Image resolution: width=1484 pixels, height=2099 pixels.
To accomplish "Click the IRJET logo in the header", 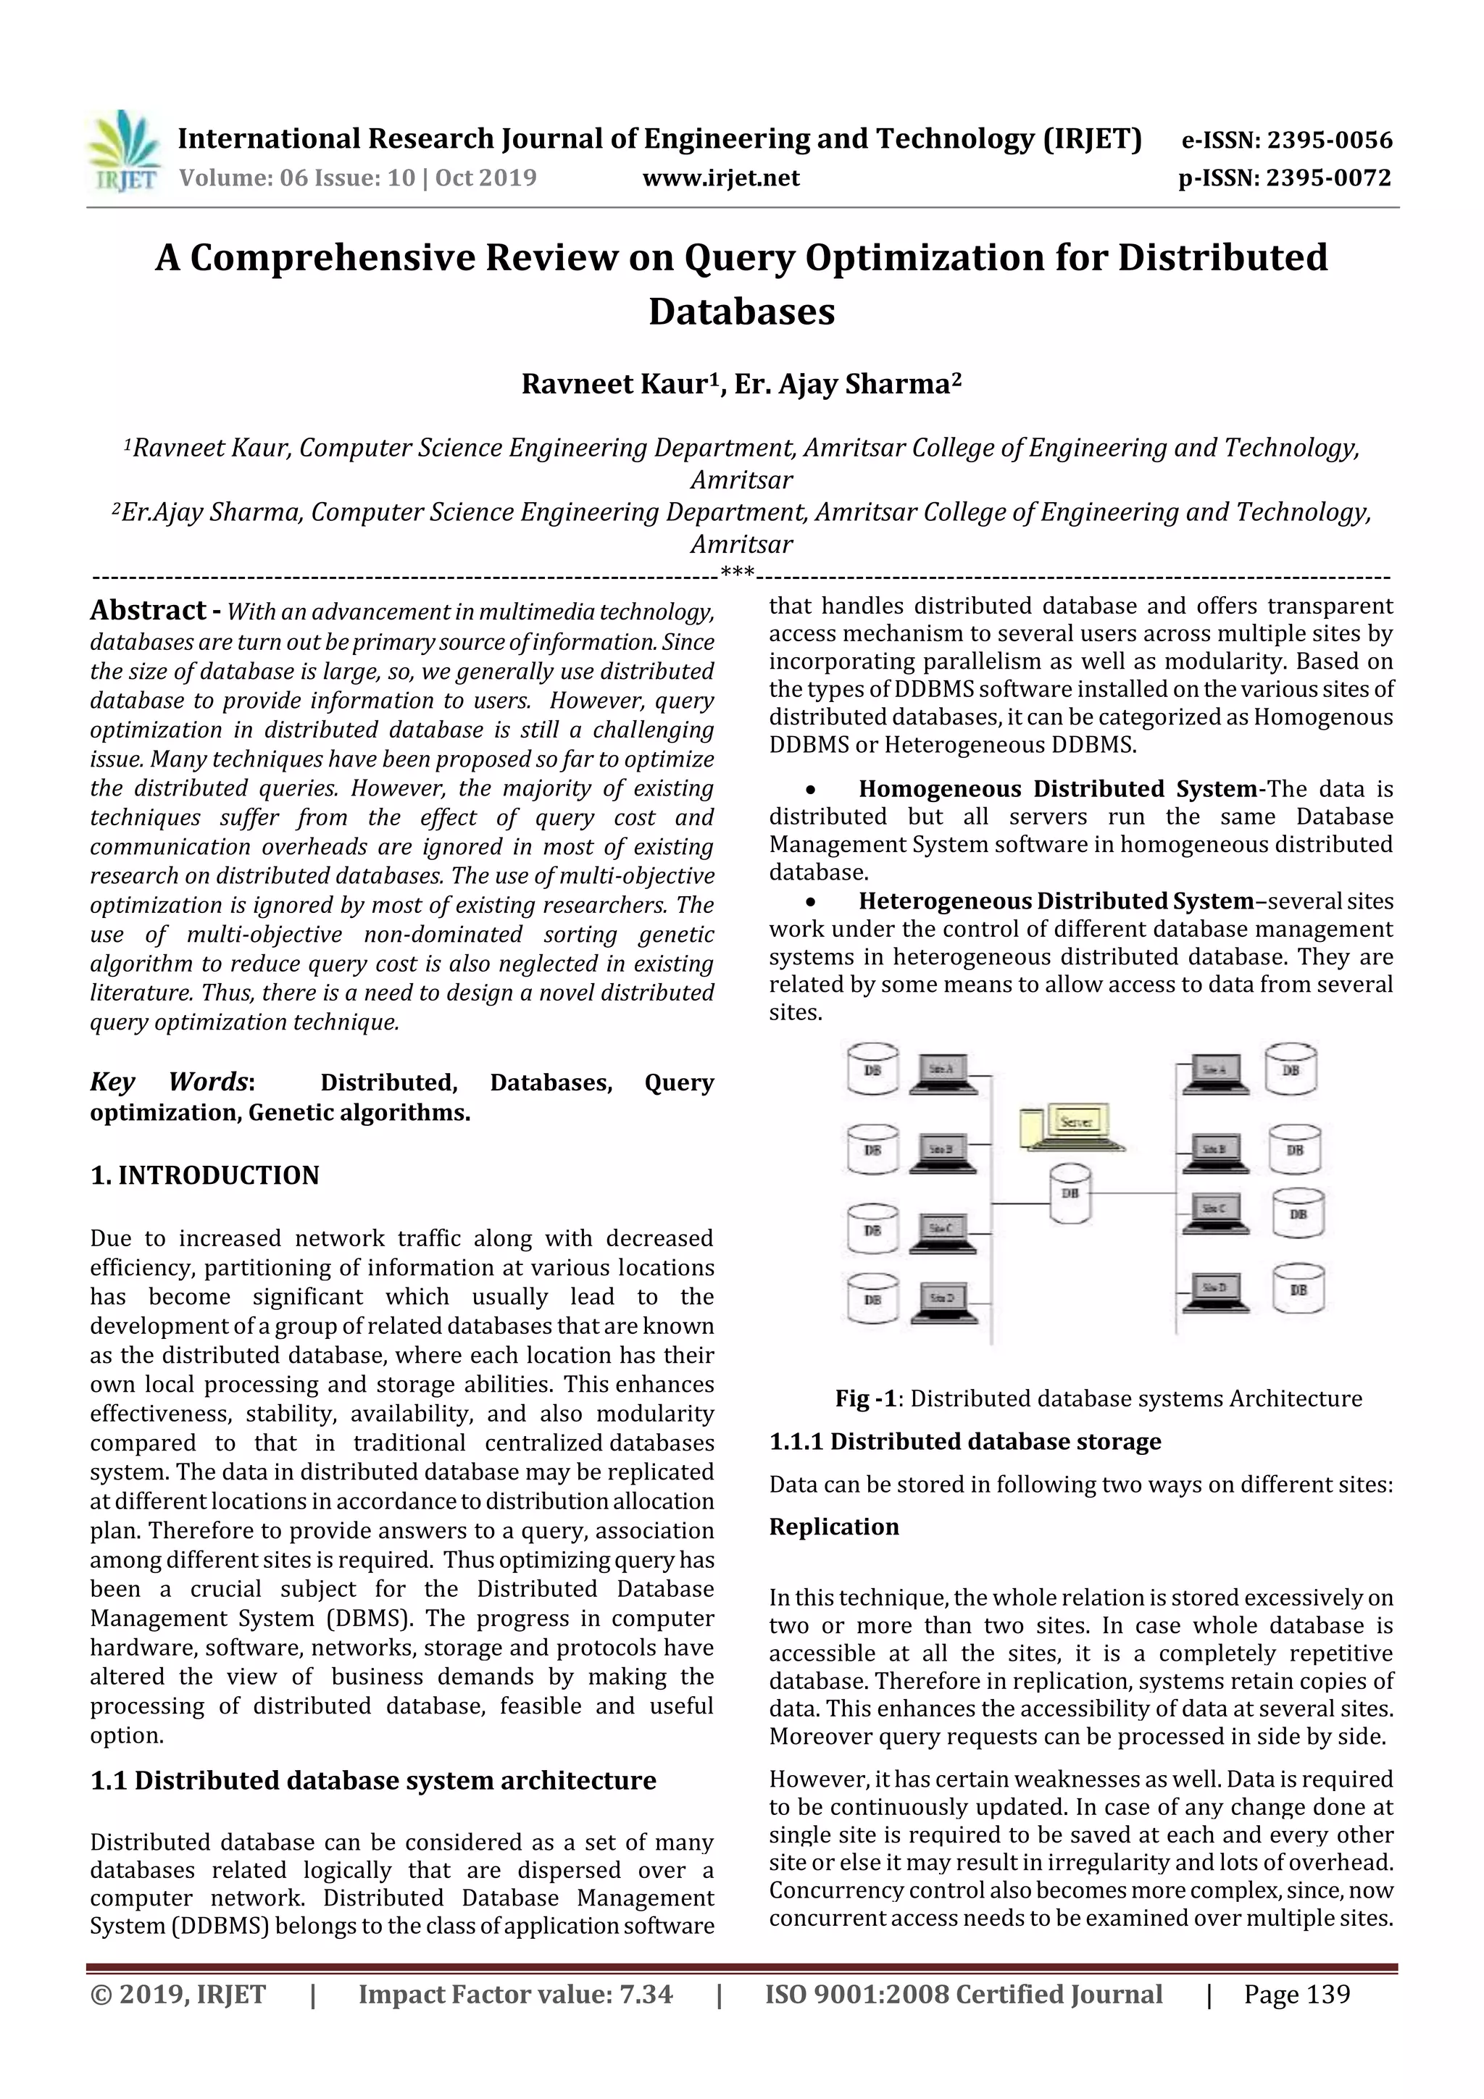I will pyautogui.click(x=122, y=151).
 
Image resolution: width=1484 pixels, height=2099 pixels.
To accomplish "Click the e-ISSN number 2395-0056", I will pyautogui.click(x=1330, y=141).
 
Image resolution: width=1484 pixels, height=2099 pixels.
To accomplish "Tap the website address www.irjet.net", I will pyautogui.click(x=720, y=178).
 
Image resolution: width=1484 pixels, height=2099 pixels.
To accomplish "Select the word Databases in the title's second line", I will pyautogui.click(x=741, y=312).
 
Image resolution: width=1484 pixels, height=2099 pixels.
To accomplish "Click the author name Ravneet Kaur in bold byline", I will pyautogui.click(x=614, y=385).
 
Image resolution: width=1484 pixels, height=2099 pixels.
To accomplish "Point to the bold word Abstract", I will pyautogui.click(x=147, y=610).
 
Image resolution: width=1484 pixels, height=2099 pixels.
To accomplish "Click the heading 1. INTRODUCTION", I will pyautogui.click(x=205, y=1174).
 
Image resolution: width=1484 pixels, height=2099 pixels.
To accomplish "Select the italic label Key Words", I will pyautogui.click(x=169, y=1082).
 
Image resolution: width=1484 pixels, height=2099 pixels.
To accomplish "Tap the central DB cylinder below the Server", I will pyautogui.click(x=1070, y=1194).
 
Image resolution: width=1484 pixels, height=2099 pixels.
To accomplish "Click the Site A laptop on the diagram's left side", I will pyautogui.click(x=943, y=1073).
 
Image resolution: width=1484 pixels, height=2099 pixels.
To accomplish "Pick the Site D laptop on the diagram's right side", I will pyautogui.click(x=1213, y=1292).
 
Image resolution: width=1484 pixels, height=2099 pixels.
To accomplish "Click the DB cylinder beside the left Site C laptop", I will pyautogui.click(x=872, y=1230).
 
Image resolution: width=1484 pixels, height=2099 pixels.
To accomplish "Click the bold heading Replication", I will pyautogui.click(x=833, y=1526).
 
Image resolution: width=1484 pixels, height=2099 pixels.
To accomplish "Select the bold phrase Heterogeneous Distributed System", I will pyautogui.click(x=1055, y=901).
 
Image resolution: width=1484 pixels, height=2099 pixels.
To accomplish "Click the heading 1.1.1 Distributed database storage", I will pyautogui.click(x=964, y=1441).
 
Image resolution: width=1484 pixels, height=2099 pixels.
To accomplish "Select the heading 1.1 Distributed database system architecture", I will pyautogui.click(x=373, y=1780).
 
